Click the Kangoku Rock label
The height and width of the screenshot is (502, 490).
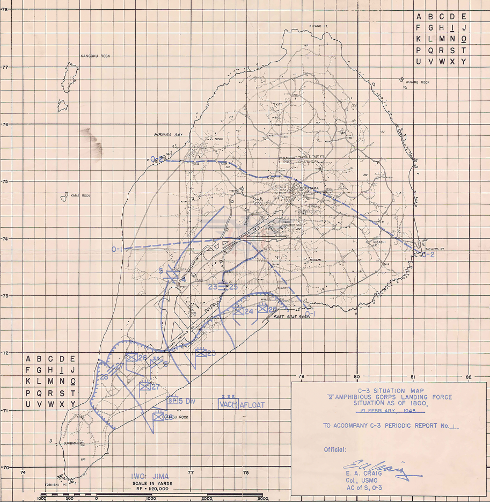pyautogui.click(x=95, y=56)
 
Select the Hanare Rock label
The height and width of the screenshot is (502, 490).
pyautogui.click(x=419, y=82)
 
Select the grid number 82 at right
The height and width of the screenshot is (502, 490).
pyautogui.click(x=469, y=376)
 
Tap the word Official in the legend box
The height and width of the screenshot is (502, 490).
pyautogui.click(x=335, y=449)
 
